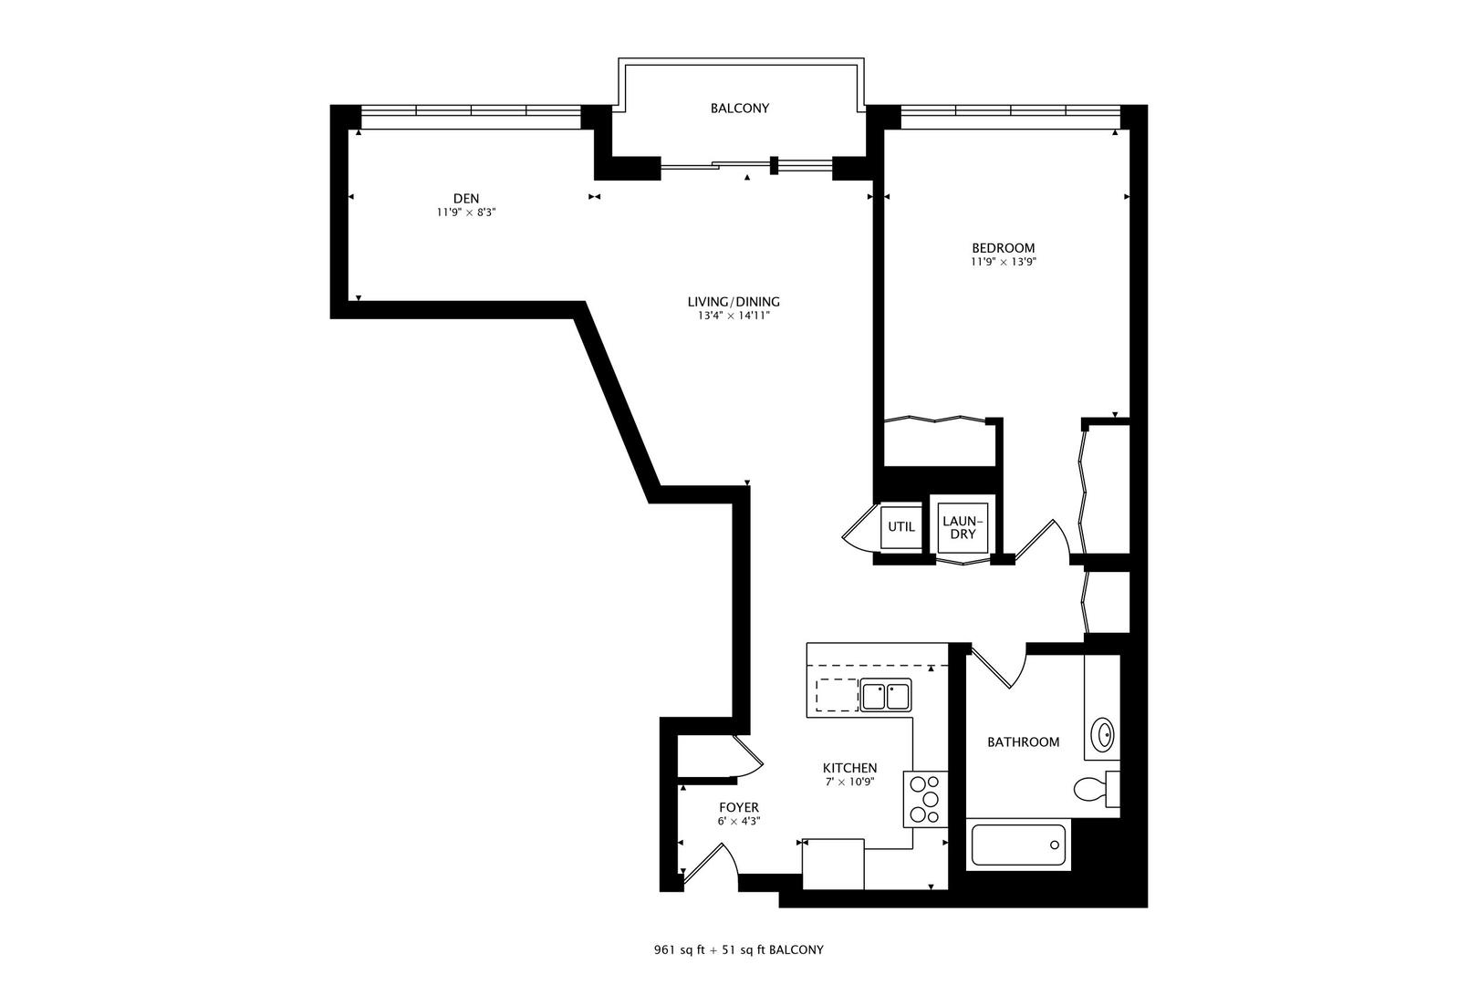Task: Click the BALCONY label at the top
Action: point(739,108)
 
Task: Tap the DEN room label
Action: point(465,198)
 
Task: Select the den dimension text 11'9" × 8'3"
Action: point(465,213)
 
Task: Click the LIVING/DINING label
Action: point(734,302)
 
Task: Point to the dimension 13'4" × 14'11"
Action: point(734,316)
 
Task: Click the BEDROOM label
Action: point(1003,247)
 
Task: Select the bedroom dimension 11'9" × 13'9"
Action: point(1003,262)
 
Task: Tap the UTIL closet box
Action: point(900,527)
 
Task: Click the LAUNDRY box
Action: point(963,527)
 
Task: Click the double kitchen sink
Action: point(885,696)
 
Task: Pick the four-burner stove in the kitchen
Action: point(925,799)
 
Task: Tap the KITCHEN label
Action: point(849,768)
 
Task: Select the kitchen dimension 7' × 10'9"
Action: point(849,782)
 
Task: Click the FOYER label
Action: point(738,807)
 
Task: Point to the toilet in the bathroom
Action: point(1093,788)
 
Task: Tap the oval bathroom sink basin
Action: point(1104,733)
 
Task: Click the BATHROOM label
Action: point(1023,741)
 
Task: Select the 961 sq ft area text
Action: point(677,949)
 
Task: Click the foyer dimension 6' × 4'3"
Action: point(738,821)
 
